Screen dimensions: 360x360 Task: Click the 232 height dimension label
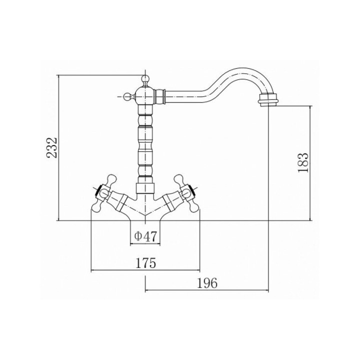pos(52,147)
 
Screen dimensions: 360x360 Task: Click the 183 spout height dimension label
pos(302,163)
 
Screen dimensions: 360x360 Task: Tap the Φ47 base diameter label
pos(145,236)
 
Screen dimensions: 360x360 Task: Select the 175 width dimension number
pos(145,263)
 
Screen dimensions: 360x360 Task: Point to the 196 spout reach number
pos(207,283)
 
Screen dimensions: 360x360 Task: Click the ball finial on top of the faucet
pos(145,79)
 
